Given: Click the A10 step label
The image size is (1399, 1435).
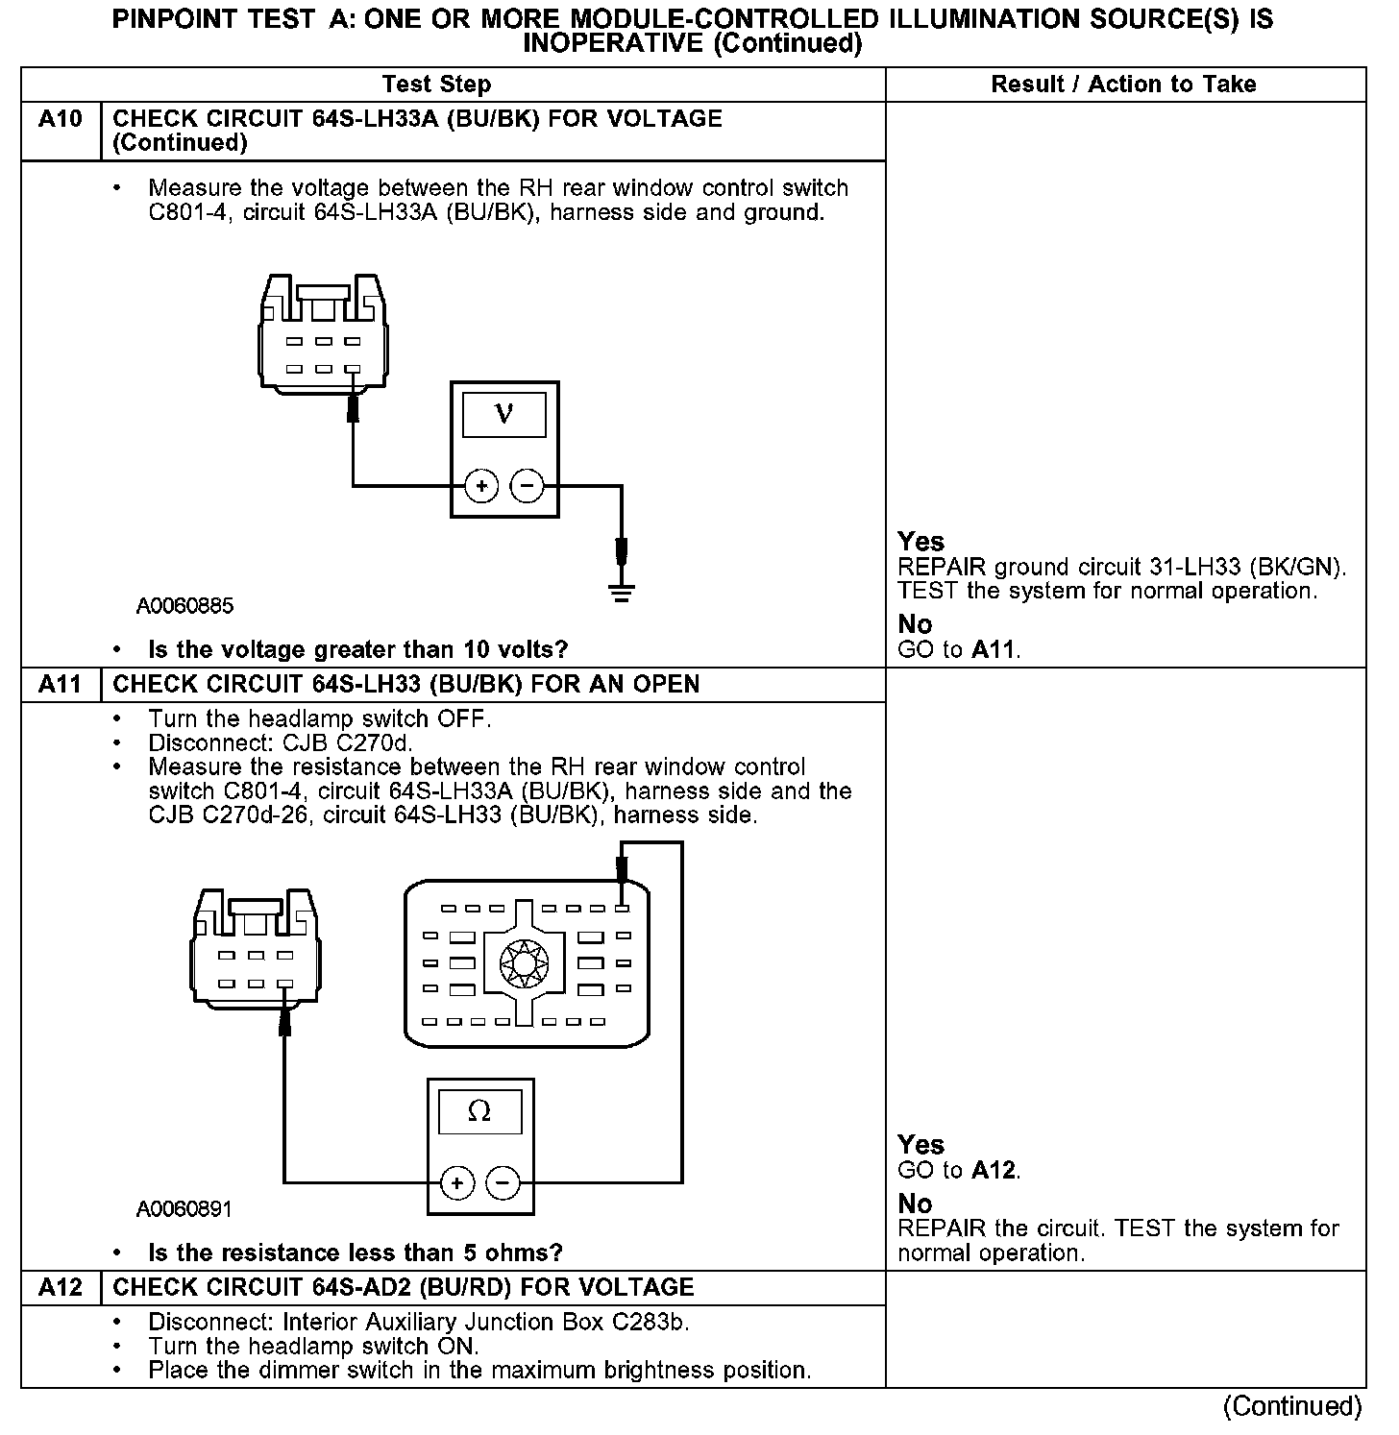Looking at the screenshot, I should tap(60, 119).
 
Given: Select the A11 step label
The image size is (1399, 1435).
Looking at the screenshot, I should tap(60, 685).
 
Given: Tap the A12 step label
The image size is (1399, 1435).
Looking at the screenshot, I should tap(60, 1288).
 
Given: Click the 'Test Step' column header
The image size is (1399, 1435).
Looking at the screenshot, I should tap(436, 85).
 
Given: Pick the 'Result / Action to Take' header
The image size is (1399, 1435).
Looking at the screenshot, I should tap(1123, 85).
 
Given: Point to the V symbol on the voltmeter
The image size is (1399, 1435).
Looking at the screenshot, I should tap(503, 414).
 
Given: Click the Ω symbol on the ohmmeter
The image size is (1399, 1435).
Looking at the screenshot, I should tap(479, 1112).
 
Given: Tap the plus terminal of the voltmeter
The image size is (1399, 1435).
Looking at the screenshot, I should tap(480, 487).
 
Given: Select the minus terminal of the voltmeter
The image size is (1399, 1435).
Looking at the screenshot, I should tap(526, 487).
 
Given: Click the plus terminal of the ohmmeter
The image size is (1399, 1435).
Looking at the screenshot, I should tap(457, 1182).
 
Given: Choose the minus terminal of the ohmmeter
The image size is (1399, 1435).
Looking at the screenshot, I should tap(503, 1182).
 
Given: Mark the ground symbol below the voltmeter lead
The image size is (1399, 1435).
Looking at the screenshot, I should tap(622, 591).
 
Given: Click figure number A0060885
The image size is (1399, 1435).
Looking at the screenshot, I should tap(184, 606).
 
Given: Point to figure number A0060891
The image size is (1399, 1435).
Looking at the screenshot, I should tap(184, 1208).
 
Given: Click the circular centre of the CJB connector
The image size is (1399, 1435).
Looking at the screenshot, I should tap(524, 961).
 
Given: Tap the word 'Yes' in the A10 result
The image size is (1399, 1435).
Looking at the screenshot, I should tap(920, 542).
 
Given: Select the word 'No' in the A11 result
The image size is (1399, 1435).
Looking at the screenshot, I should tap(915, 1204).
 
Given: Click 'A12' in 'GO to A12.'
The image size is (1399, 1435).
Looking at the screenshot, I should tap(994, 1170).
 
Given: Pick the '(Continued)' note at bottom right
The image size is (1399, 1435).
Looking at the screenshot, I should tap(1292, 1407).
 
